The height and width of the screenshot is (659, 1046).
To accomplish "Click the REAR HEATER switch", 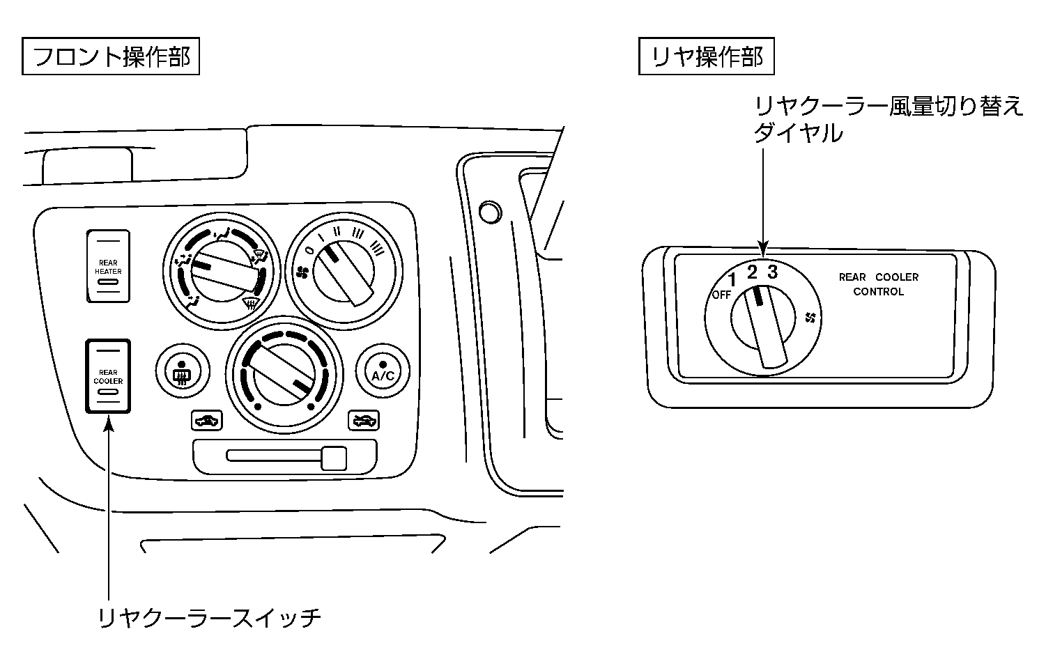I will (108, 267).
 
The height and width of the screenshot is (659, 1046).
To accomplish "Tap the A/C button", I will (383, 370).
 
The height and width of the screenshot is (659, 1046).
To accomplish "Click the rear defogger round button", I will (182, 370).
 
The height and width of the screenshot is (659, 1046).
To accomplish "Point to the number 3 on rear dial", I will (772, 271).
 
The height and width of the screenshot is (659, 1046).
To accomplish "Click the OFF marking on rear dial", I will (721, 295).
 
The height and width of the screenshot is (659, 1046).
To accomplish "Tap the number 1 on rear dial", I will (732, 281).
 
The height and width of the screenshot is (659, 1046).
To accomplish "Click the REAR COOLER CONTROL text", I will (878, 284).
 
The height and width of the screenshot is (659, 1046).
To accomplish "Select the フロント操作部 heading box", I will (111, 56).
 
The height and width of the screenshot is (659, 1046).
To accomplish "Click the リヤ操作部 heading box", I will (707, 56).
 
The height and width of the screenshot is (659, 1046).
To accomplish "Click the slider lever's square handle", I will (334, 457).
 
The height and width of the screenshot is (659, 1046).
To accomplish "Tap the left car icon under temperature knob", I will (206, 420).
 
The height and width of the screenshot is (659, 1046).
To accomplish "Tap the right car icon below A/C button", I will (364, 420).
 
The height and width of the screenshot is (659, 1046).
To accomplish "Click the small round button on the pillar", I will (491, 211).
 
